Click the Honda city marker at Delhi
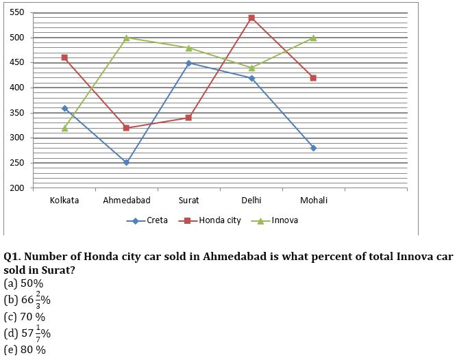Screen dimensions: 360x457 pyautogui.click(x=251, y=18)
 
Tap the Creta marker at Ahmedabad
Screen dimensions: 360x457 pyautogui.click(x=127, y=163)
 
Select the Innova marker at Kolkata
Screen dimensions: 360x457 pyautogui.click(x=64, y=128)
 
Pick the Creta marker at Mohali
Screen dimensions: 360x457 pyautogui.click(x=313, y=148)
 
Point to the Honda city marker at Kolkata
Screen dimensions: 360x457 pyautogui.click(x=64, y=57)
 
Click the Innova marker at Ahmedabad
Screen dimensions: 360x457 pyautogui.click(x=127, y=38)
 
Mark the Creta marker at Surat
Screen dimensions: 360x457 pyautogui.click(x=189, y=63)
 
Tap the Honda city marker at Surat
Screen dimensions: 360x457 pyautogui.click(x=189, y=118)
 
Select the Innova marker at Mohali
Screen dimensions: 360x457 pyautogui.click(x=313, y=38)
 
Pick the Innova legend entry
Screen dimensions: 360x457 pyautogui.click(x=276, y=220)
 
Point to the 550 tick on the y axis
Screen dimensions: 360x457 pyautogui.click(x=17, y=13)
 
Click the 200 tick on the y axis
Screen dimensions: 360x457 pyautogui.click(x=17, y=188)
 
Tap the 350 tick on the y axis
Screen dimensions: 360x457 pyautogui.click(x=17, y=113)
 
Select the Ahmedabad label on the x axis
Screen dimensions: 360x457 pyautogui.click(x=127, y=201)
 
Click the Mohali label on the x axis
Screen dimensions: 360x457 pyautogui.click(x=313, y=201)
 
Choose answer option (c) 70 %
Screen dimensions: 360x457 pyautogui.click(x=25, y=316)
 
